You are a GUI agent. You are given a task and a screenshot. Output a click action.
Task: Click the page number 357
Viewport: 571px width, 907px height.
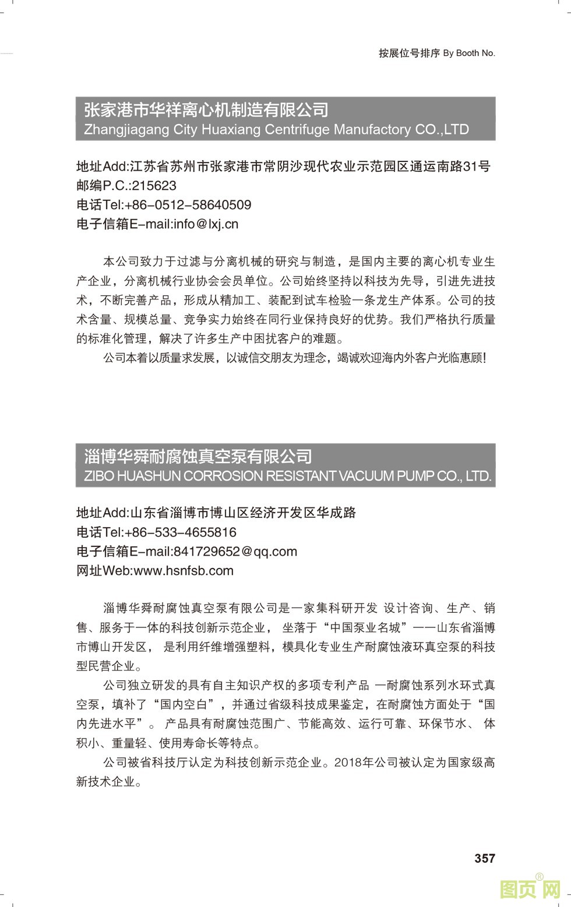click(x=485, y=858)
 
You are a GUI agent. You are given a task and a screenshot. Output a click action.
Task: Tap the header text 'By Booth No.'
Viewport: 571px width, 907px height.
click(x=469, y=53)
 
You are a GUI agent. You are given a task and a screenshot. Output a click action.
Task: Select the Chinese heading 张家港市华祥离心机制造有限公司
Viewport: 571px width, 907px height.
click(x=206, y=110)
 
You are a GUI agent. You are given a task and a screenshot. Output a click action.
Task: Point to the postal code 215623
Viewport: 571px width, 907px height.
click(x=154, y=186)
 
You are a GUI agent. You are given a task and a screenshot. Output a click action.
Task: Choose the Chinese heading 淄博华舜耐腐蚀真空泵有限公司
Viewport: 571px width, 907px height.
click(x=198, y=456)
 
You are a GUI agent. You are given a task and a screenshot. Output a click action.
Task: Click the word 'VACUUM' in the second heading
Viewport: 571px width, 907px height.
click(x=366, y=476)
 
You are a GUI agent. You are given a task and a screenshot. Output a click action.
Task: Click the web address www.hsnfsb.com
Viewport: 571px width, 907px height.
click(x=184, y=571)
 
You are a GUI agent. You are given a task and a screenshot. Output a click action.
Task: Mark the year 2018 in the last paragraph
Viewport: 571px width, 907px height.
click(x=348, y=763)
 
